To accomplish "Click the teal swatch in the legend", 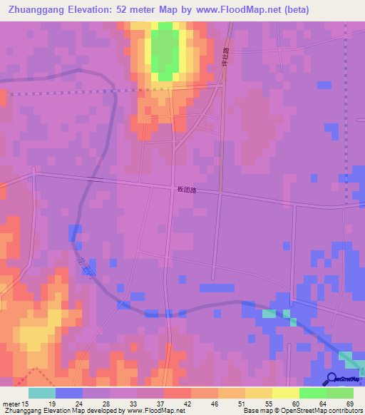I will tap(42, 393).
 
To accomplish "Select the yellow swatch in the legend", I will tap(285, 393).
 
